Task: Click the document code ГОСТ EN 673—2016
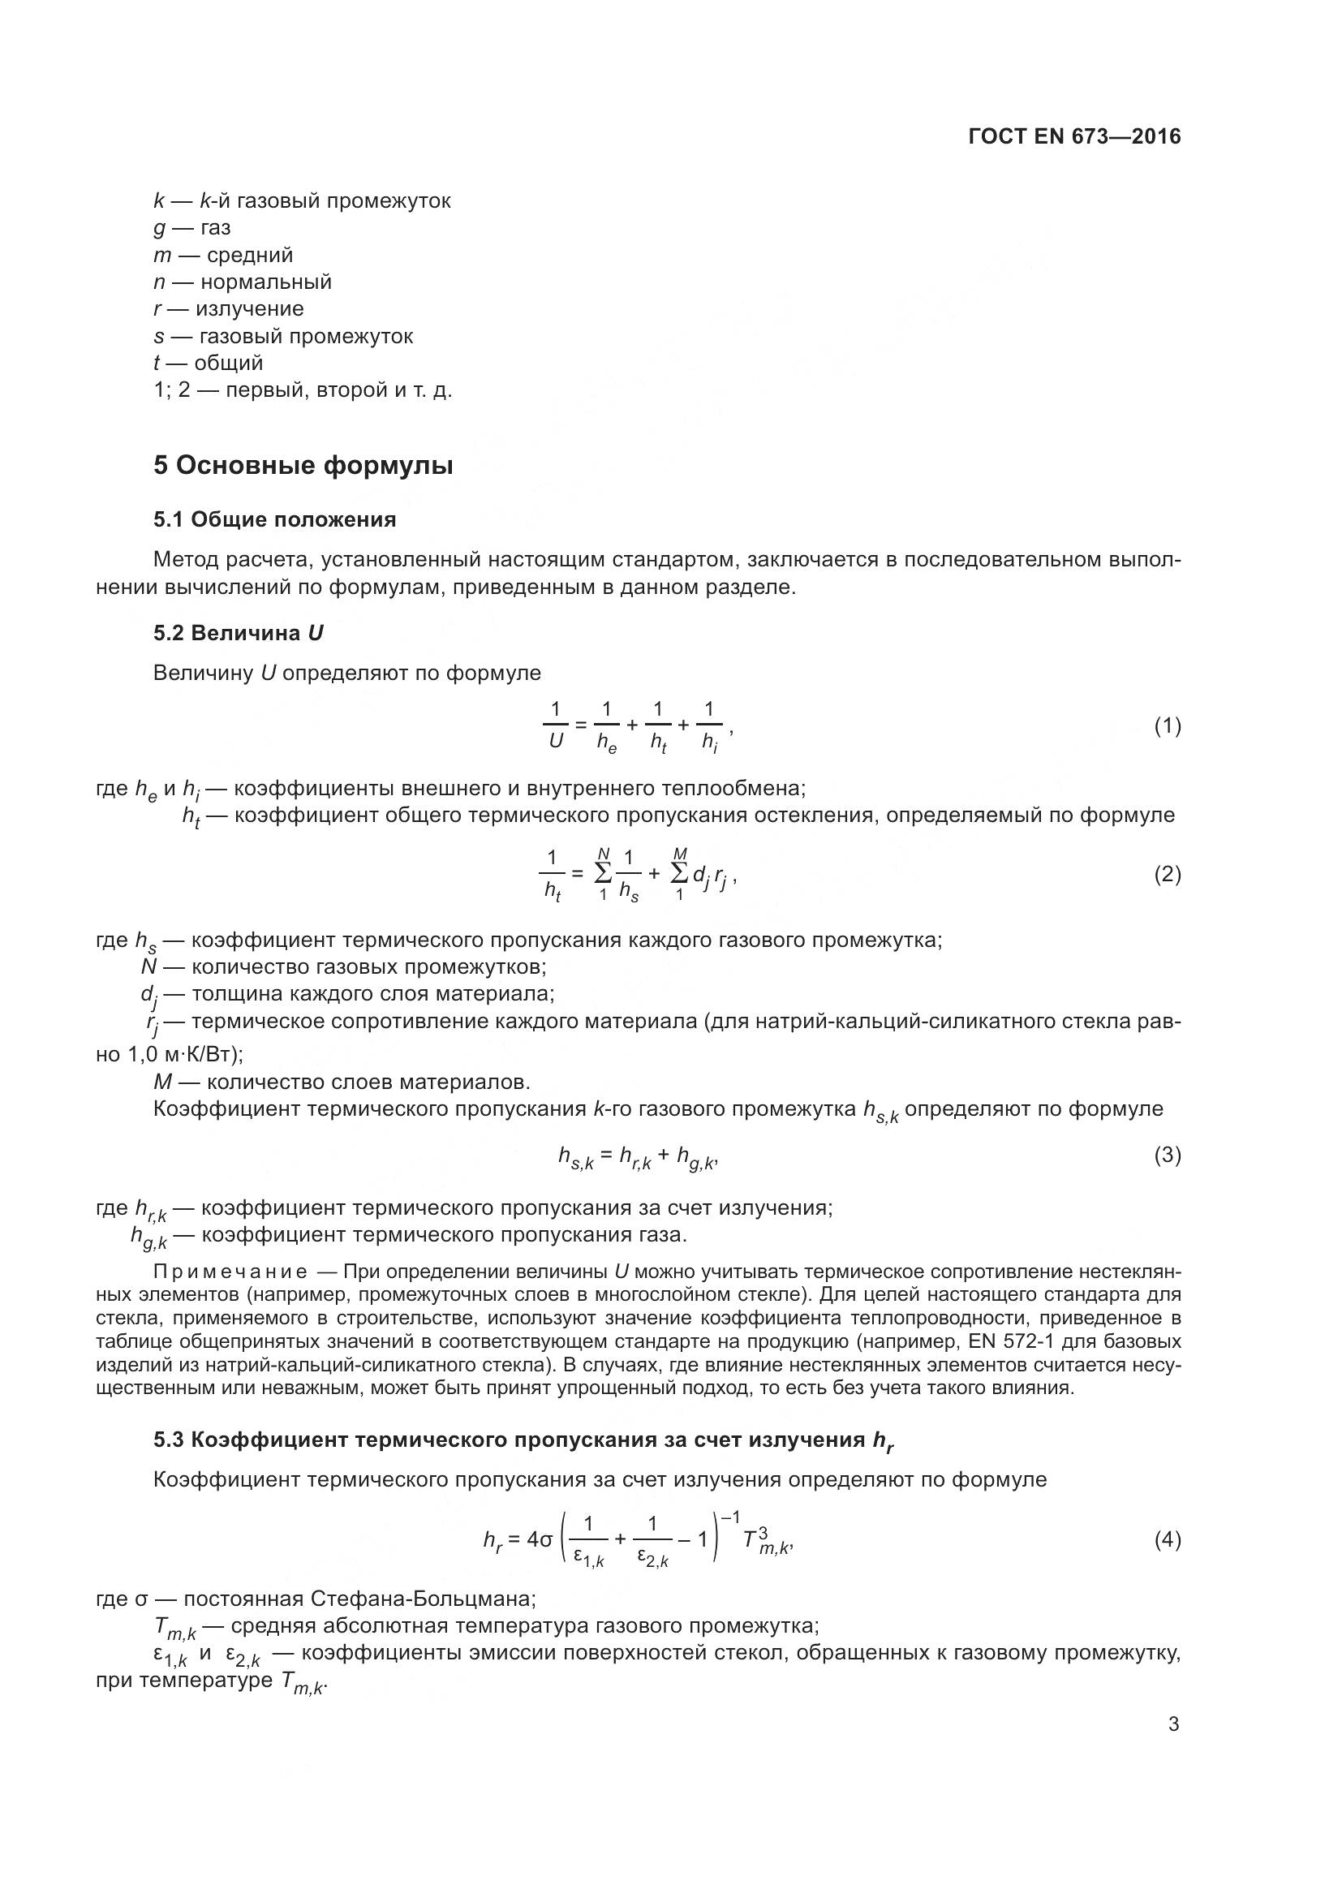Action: pyautogui.click(x=1074, y=137)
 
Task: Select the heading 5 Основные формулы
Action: pyautogui.click(x=303, y=466)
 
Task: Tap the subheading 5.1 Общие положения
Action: pyautogui.click(x=274, y=520)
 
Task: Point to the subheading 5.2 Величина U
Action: pyautogui.click(x=238, y=633)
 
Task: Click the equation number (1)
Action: pyautogui.click(x=1167, y=725)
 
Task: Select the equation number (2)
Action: pyautogui.click(x=1167, y=874)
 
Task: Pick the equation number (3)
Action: pyautogui.click(x=1167, y=1155)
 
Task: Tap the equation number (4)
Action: pyautogui.click(x=1167, y=1539)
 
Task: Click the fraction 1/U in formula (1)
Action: pyautogui.click(x=555, y=725)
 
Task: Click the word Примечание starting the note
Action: pyautogui.click(x=230, y=1271)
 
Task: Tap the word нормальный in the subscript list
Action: pyautogui.click(x=265, y=282)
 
